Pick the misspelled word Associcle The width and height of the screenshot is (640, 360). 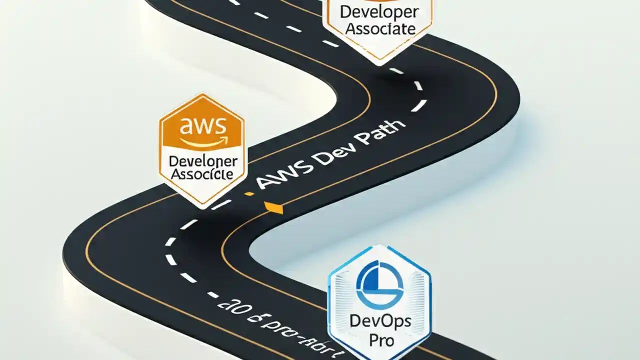[201, 173]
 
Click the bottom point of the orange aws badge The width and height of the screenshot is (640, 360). [202, 206]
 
